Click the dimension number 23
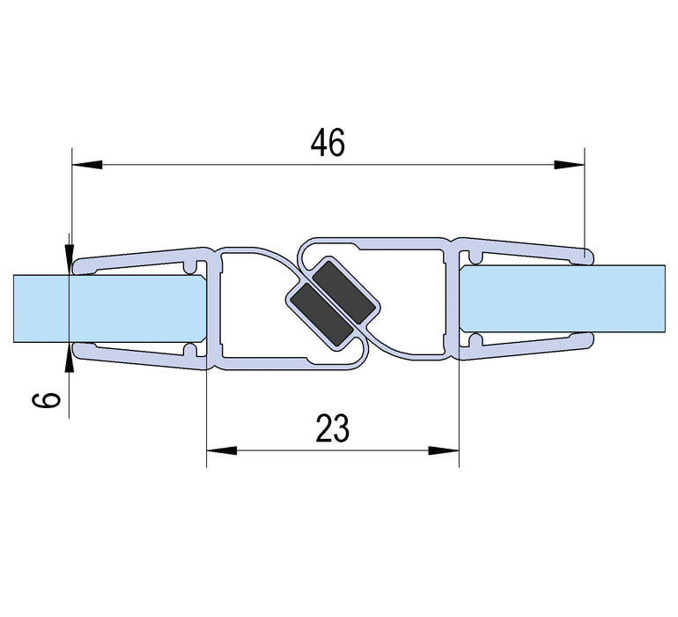pyautogui.click(x=332, y=428)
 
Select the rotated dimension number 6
pyautogui.click(x=51, y=398)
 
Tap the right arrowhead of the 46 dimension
pyautogui.click(x=568, y=164)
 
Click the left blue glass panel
pyautogui.click(x=106, y=308)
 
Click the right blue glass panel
pyautogui.click(x=564, y=301)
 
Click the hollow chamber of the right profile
pyautogui.click(x=414, y=300)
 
